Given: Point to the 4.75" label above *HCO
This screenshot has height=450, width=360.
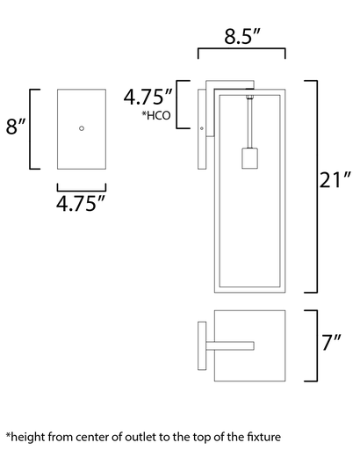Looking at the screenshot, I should tap(147, 96).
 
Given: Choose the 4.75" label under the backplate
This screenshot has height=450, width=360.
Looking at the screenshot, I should tap(81, 204).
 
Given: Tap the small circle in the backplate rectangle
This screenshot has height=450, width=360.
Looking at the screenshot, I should tap(82, 128).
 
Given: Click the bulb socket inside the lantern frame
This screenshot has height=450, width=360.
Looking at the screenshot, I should tap(248, 158).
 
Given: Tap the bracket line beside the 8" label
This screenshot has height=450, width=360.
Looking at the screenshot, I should tap(32, 128).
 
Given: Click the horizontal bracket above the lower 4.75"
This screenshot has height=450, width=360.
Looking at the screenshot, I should tap(81, 187).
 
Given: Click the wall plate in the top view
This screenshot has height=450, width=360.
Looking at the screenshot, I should tap(201, 346).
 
